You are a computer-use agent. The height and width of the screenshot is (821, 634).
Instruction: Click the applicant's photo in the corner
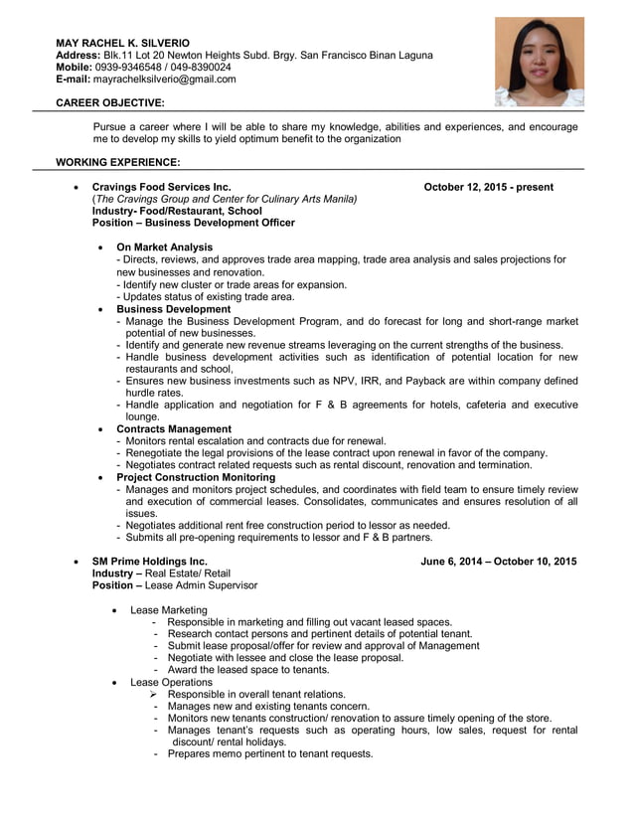(x=540, y=62)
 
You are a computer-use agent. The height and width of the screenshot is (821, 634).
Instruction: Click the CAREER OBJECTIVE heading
(x=110, y=103)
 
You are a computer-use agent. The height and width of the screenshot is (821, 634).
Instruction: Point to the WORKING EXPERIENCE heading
(x=117, y=162)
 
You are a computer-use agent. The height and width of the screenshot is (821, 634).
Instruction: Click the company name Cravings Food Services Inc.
(x=161, y=187)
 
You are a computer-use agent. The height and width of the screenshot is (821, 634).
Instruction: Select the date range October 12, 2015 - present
(x=488, y=187)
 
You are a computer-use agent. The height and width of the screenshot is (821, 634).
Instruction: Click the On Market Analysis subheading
(x=164, y=247)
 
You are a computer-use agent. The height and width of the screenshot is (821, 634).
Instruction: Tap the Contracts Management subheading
(x=174, y=429)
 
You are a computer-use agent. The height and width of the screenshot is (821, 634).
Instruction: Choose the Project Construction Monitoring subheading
(x=196, y=477)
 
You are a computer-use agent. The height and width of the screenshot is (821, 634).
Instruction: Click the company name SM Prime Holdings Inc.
(x=150, y=562)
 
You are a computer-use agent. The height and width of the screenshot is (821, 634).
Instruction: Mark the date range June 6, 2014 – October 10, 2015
(x=498, y=562)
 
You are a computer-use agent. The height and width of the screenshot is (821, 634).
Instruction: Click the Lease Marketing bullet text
(x=168, y=609)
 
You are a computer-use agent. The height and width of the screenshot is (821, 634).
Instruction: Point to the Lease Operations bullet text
(x=171, y=682)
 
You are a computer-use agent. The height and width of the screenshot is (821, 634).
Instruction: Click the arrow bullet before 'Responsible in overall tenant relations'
(x=155, y=694)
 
